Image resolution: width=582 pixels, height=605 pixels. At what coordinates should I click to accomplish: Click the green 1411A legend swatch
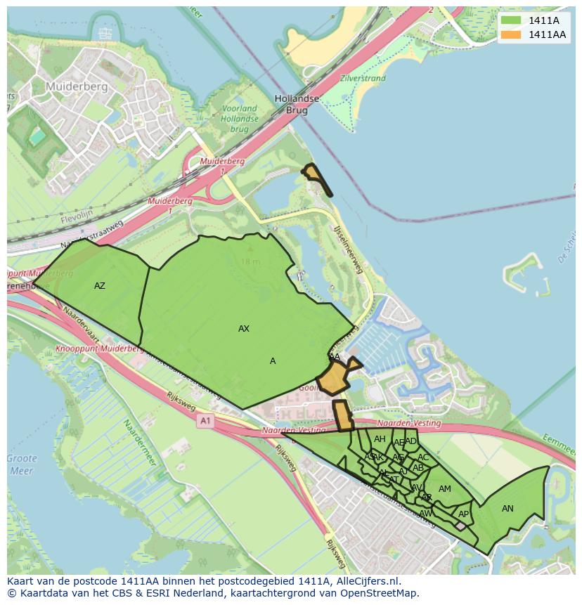coord(511,20)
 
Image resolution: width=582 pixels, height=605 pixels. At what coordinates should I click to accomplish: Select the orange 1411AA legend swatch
coord(511,34)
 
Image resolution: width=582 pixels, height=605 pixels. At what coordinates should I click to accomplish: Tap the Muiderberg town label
coord(76,86)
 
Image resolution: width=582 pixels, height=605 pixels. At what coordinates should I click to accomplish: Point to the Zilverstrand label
coord(363,79)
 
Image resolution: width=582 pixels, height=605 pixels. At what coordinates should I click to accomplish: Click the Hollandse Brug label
coord(297,105)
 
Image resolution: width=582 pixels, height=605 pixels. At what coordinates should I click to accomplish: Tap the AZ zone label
coord(100,286)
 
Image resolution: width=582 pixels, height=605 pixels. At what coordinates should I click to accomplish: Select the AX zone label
coord(244,329)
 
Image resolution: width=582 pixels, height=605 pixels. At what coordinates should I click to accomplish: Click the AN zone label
coord(507,509)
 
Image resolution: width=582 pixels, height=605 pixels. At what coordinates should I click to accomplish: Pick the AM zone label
coord(445,489)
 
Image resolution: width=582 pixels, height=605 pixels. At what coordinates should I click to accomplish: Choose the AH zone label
coord(380,439)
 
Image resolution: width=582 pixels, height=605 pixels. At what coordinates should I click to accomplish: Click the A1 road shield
coord(205,421)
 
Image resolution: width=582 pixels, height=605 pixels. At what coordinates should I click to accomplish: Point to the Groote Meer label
coord(22,464)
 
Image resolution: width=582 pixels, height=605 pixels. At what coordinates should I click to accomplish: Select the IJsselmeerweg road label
coord(349,249)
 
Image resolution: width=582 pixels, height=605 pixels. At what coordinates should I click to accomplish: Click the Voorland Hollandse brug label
coord(240,119)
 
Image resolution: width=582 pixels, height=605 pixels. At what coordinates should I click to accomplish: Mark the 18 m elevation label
coord(250,261)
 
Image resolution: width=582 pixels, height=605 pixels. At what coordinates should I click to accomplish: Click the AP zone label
coord(463,514)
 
